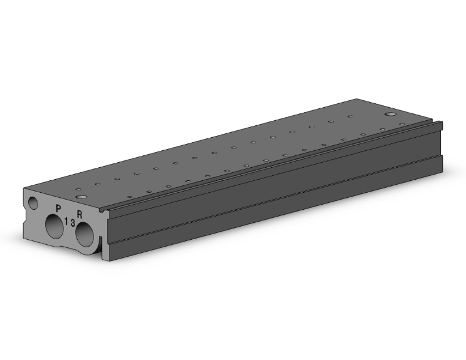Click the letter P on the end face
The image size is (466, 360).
click(58, 208)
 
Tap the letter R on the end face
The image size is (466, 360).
click(80, 214)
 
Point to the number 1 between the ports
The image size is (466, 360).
click(66, 221)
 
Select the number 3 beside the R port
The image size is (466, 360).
click(73, 224)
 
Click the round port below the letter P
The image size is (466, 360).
click(54, 227)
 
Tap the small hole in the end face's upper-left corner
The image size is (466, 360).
click(33, 203)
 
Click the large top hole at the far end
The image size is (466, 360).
click(390, 114)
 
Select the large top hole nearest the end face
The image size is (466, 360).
click(81, 197)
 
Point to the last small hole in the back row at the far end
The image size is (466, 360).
click(350, 116)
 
